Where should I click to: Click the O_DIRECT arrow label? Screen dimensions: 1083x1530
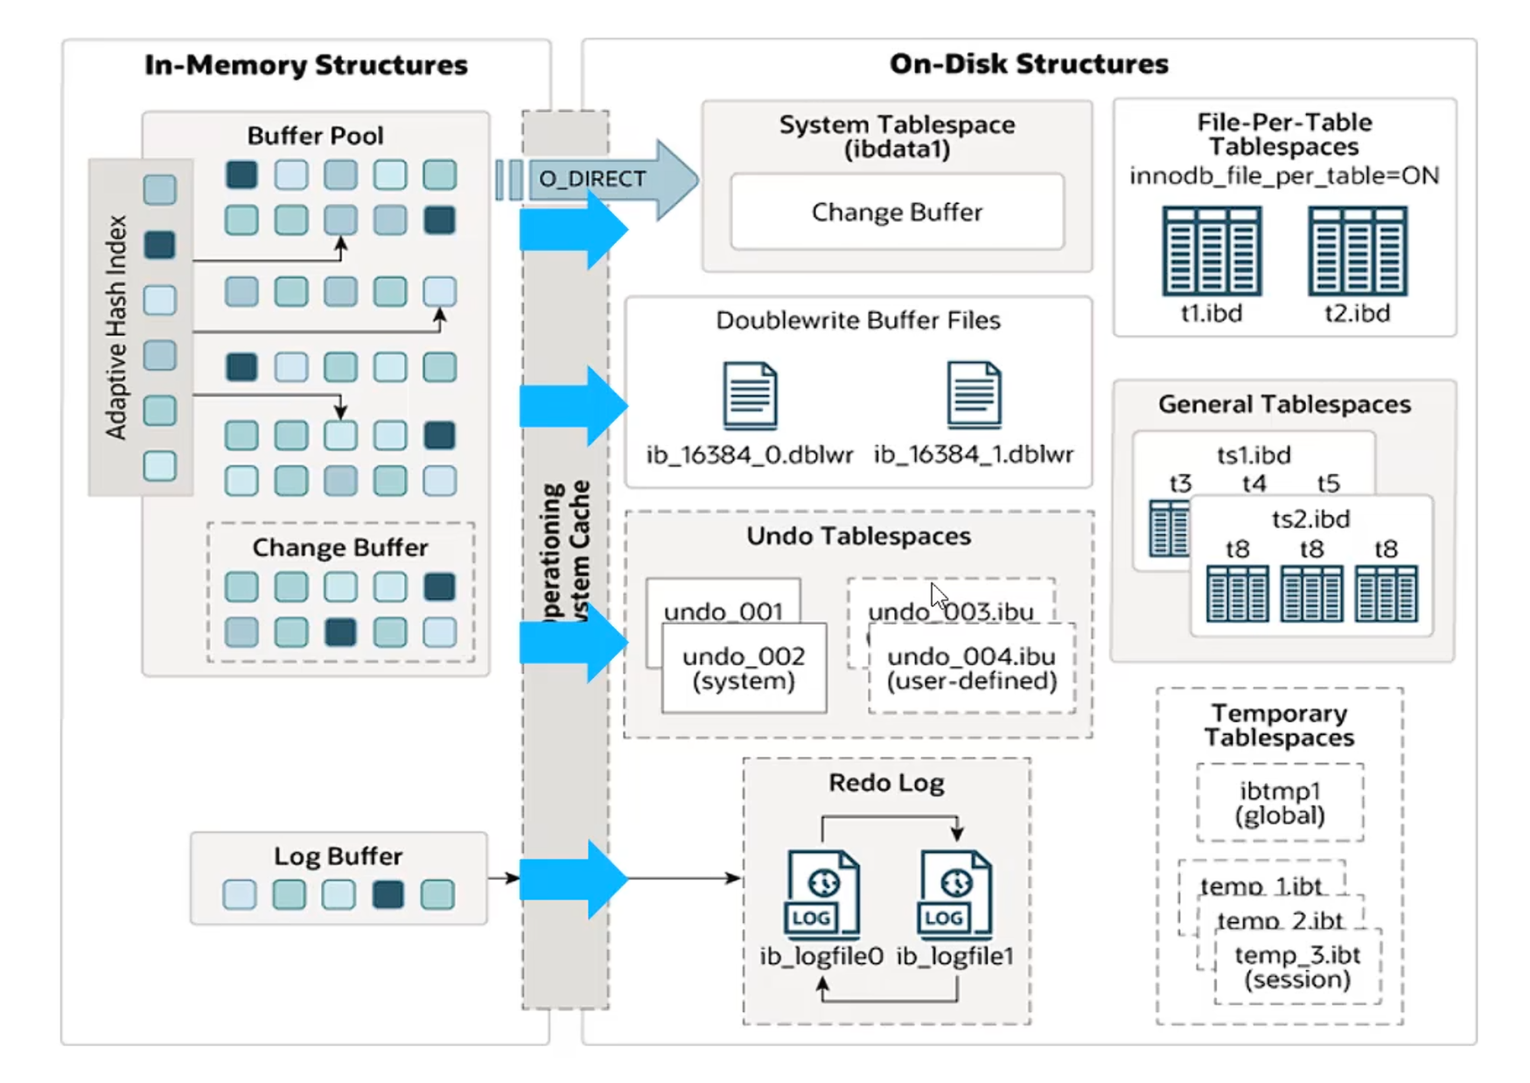[x=592, y=178]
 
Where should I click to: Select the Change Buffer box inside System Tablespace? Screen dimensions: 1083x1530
[x=897, y=212]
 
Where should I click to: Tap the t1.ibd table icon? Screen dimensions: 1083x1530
[x=1212, y=251]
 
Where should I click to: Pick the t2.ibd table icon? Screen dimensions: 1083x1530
[x=1357, y=251]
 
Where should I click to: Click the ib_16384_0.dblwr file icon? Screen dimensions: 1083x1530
[x=750, y=395]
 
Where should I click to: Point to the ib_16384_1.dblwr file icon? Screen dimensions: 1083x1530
[x=974, y=395]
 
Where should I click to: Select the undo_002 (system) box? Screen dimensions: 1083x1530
[x=744, y=668]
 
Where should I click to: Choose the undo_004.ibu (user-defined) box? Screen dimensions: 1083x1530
[x=971, y=668]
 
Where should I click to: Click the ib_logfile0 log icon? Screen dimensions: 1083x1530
[x=821, y=893]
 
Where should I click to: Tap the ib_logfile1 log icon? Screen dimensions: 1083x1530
[x=954, y=893]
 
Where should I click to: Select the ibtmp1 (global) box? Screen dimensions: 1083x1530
[x=1280, y=803]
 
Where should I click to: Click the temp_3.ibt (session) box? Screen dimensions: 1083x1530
[x=1297, y=967]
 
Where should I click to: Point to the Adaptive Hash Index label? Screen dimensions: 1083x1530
[x=116, y=327]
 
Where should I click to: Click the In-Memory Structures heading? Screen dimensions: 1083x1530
[x=306, y=65]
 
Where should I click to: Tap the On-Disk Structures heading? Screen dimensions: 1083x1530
[x=1029, y=64]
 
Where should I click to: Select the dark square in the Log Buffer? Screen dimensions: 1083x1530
[x=388, y=894]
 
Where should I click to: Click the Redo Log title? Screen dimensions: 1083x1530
[x=886, y=782]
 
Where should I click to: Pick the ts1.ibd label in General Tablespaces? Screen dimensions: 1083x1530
[x=1254, y=455]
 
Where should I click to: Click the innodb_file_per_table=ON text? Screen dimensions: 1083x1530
[x=1283, y=176]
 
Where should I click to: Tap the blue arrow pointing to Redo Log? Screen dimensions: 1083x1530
[x=573, y=878]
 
